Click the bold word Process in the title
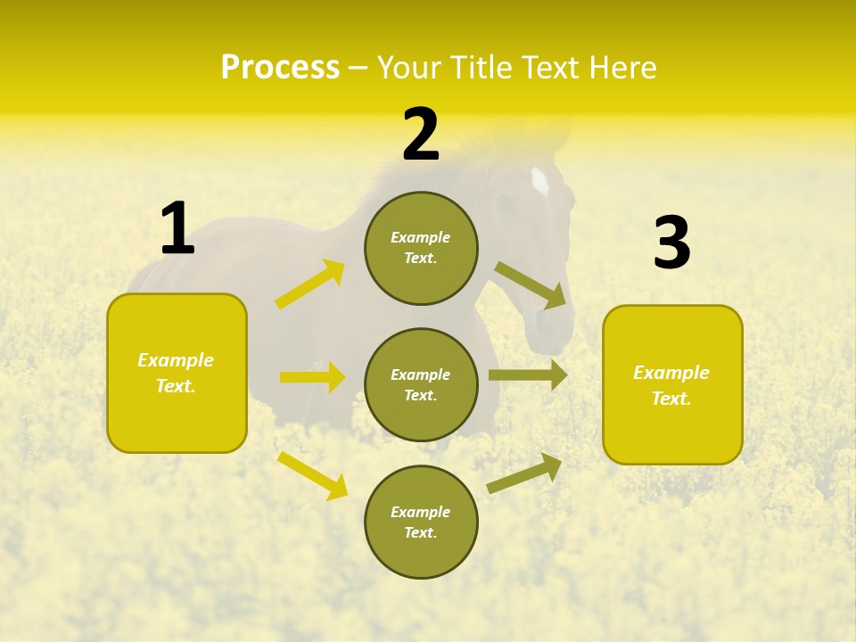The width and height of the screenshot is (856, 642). tap(280, 68)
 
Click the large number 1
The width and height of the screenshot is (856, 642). tap(177, 229)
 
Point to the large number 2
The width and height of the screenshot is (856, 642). tap(421, 135)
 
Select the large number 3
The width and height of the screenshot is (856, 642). tap(671, 243)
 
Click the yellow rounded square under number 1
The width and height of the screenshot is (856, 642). tap(177, 373)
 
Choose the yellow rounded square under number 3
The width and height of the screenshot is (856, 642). tap(672, 384)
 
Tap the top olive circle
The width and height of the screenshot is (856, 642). tap(421, 248)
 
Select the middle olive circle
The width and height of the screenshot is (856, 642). tap(421, 384)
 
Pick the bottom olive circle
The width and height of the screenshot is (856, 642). tap(421, 522)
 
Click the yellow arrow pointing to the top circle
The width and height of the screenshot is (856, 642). tap(310, 284)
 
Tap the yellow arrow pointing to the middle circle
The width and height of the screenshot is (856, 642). tap(312, 377)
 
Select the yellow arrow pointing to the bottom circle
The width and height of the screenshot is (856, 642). tap(312, 475)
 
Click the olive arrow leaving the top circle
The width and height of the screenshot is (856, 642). tap(531, 285)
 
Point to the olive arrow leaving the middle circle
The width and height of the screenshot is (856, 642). tap(528, 375)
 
